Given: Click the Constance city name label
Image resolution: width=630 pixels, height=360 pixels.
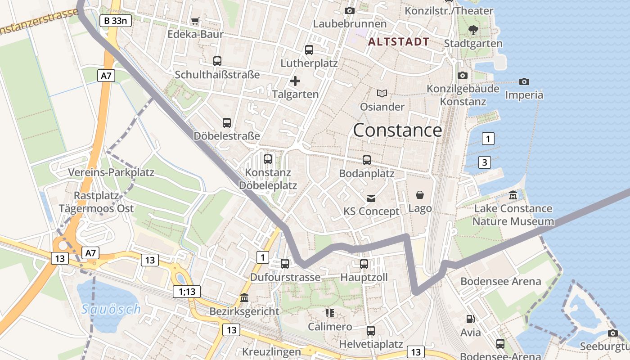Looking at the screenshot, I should pyautogui.click(x=397, y=130).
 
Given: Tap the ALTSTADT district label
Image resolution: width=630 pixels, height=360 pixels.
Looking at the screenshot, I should pyautogui.click(x=399, y=42).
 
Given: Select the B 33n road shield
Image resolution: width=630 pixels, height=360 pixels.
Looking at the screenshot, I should pyautogui.click(x=115, y=20).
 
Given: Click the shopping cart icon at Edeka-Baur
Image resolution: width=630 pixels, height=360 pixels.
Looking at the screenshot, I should pyautogui.click(x=195, y=21).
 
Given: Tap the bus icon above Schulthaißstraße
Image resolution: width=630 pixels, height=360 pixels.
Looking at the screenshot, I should pyautogui.click(x=217, y=61).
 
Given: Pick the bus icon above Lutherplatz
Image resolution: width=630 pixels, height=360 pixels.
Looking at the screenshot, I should pyautogui.click(x=309, y=50).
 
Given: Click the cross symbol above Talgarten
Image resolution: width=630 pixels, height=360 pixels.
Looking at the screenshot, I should pyautogui.click(x=295, y=81).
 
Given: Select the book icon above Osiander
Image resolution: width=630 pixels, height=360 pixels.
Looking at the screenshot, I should pyautogui.click(x=382, y=94).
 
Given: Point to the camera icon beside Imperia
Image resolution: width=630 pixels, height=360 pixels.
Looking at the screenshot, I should pyautogui.click(x=524, y=81).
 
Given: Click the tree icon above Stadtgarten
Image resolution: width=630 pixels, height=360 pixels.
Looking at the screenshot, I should pyautogui.click(x=473, y=30).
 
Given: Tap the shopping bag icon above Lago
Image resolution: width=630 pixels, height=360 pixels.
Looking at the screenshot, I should pyautogui.click(x=420, y=195).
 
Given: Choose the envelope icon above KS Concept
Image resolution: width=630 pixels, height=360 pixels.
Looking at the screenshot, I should pyautogui.click(x=371, y=198).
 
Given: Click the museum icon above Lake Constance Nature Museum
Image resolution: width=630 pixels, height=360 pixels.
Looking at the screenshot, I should pyautogui.click(x=513, y=195).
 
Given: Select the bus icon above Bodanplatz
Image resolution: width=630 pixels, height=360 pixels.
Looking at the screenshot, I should pyautogui.click(x=367, y=160).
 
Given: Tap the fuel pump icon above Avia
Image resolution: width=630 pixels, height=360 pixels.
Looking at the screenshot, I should pyautogui.click(x=470, y=319).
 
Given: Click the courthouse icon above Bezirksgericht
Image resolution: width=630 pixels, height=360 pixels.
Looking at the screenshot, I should pyautogui.click(x=244, y=298).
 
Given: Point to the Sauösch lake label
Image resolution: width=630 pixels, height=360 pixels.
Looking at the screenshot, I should pyautogui.click(x=112, y=309).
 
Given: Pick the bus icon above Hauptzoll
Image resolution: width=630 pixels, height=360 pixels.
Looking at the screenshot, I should pyautogui.click(x=364, y=264).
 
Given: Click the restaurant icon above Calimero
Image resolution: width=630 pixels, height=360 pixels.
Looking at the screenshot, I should pyautogui.click(x=330, y=313).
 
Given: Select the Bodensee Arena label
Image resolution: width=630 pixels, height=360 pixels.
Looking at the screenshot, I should pyautogui.click(x=500, y=282).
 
